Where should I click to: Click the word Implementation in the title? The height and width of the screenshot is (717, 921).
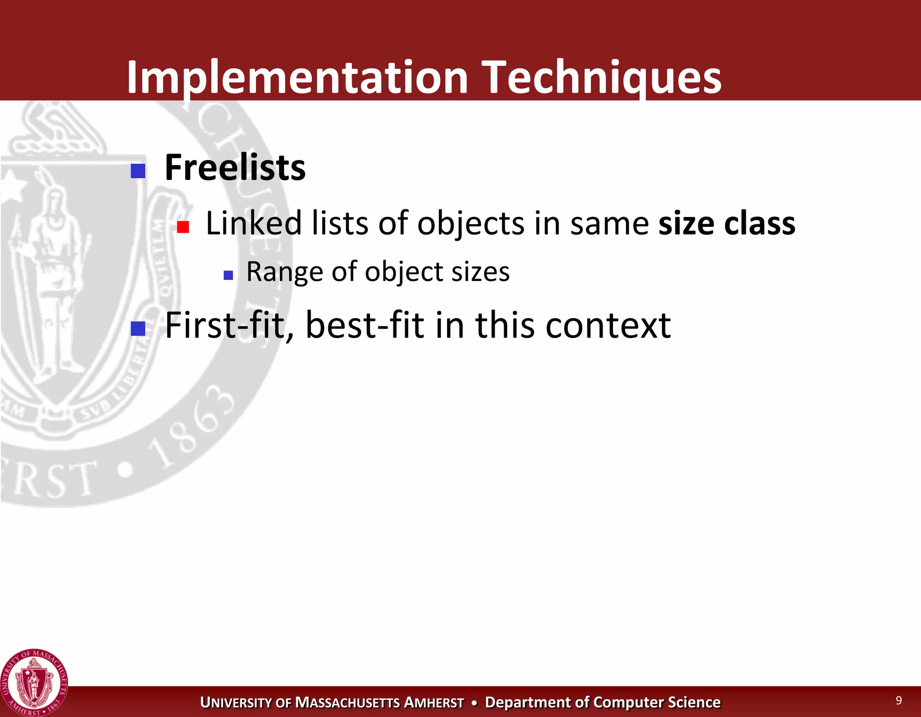tap(297, 77)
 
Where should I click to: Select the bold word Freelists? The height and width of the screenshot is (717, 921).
tap(235, 167)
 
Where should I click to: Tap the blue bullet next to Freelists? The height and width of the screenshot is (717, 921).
tap(138, 171)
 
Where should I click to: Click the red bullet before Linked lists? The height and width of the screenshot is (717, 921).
tap(183, 227)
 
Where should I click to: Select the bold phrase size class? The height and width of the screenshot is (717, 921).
tap(726, 223)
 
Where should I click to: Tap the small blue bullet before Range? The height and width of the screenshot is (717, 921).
tap(228, 275)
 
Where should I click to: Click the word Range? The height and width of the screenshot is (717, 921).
tap(284, 272)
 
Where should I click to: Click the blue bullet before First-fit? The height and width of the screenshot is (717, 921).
tap(138, 329)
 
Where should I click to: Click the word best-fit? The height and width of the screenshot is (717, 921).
tap(364, 325)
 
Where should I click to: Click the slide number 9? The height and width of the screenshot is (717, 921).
tap(899, 700)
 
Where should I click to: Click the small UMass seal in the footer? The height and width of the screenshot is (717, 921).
tap(34, 683)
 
